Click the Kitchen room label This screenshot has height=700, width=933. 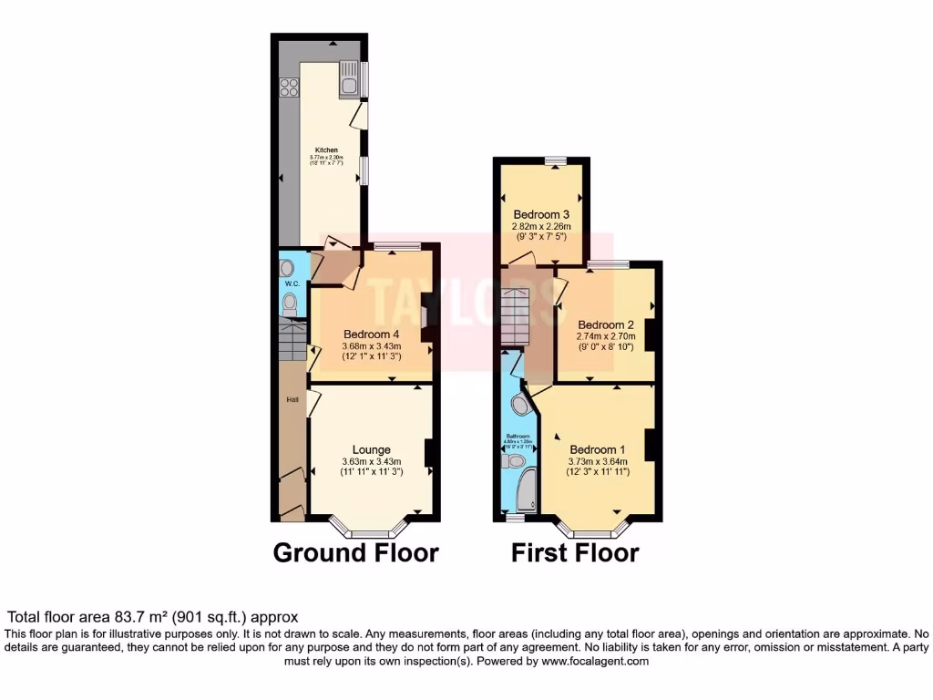(x=326, y=149)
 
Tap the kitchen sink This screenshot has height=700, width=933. (x=348, y=79)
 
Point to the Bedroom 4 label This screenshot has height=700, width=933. (x=372, y=334)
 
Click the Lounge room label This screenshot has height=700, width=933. (x=372, y=449)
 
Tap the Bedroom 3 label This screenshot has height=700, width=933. (x=541, y=214)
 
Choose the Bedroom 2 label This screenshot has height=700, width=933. (x=605, y=324)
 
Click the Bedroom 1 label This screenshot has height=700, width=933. (x=598, y=449)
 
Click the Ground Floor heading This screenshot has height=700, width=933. (x=356, y=552)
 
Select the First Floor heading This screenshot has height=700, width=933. (x=575, y=552)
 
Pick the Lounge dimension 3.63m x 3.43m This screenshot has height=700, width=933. (x=372, y=461)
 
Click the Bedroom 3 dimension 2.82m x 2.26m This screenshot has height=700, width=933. (x=541, y=226)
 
